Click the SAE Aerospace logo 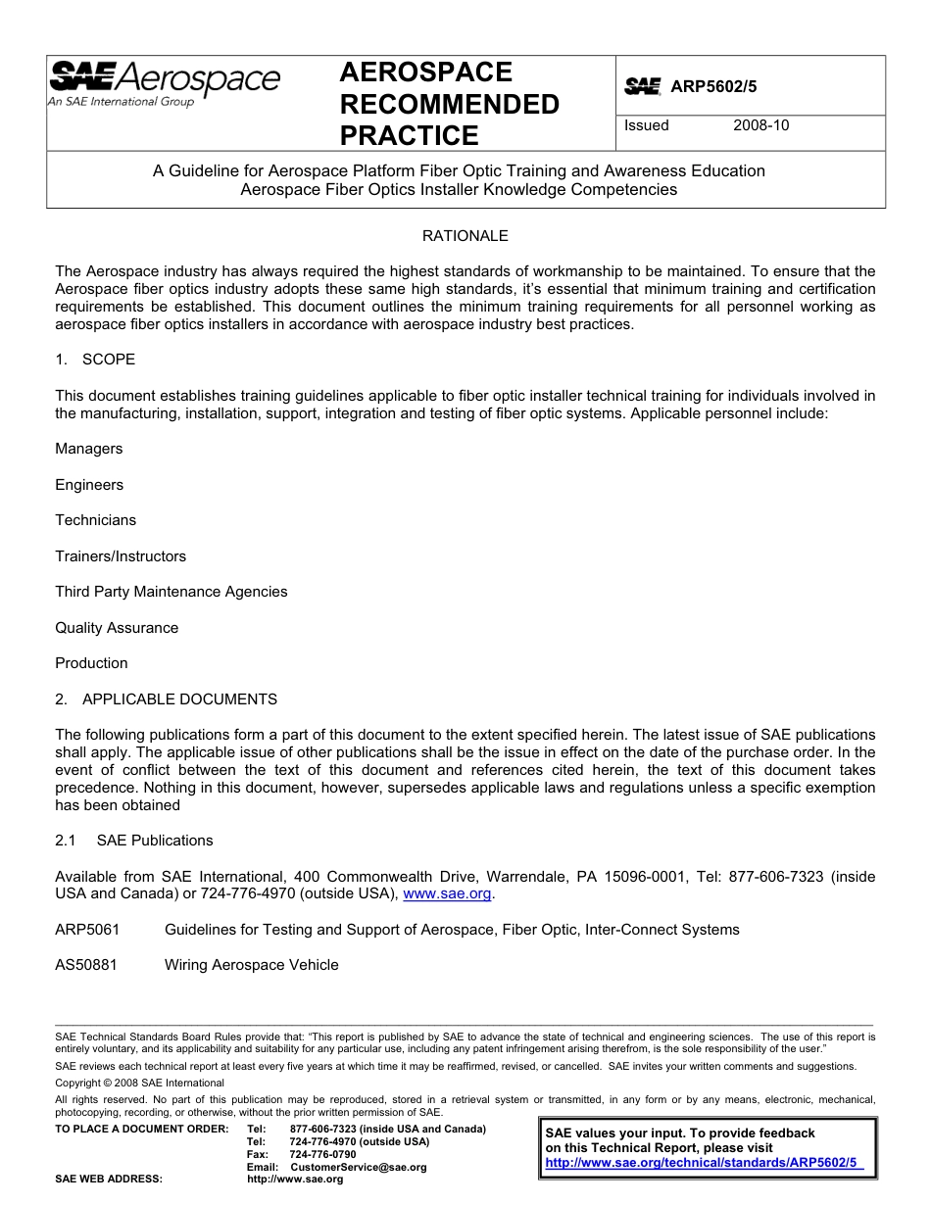164,82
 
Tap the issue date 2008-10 760,125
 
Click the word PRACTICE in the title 409,135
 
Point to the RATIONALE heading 465,236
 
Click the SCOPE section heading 108,360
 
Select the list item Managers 89,449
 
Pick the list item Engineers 89,485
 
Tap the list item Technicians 95,520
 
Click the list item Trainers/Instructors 121,556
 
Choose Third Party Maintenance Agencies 171,592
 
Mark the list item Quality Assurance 117,628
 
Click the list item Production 91,663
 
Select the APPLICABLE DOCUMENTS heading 179,699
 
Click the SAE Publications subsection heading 154,841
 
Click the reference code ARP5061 87,930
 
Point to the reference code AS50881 86,965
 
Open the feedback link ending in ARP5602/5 701,1163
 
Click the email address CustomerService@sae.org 359,1168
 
